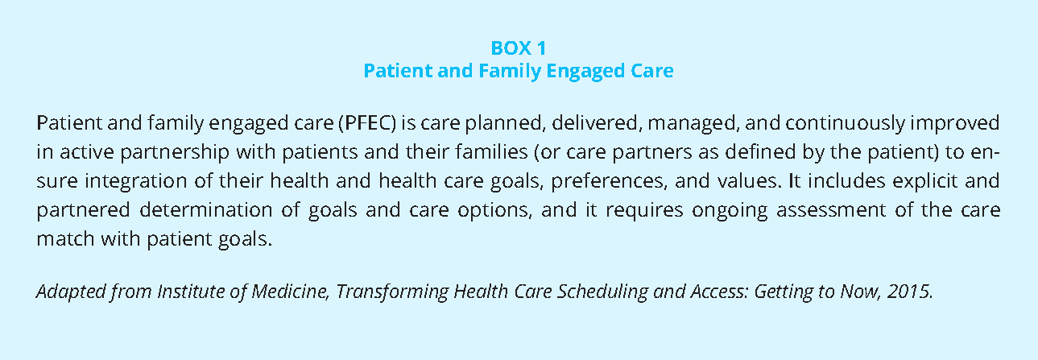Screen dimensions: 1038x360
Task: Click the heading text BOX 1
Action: (519, 48)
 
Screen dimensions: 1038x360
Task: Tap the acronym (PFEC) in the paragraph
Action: (367, 123)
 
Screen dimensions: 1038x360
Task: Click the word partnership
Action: (176, 152)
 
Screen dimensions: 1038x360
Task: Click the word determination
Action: (206, 210)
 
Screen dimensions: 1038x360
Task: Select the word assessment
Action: (831, 210)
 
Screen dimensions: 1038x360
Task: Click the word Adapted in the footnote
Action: (72, 292)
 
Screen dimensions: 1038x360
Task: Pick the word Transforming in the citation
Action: (392, 292)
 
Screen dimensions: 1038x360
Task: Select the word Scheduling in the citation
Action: (602, 292)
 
